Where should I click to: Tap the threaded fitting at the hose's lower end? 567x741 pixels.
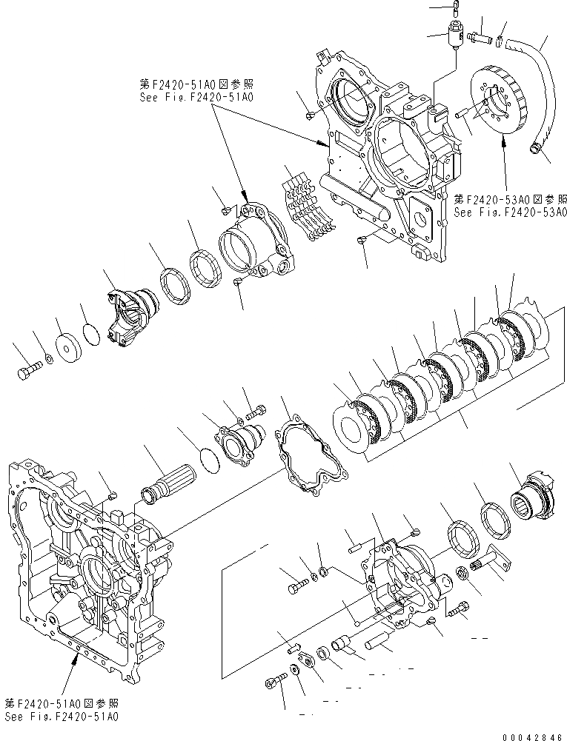pyautogui.click(x=534, y=150)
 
